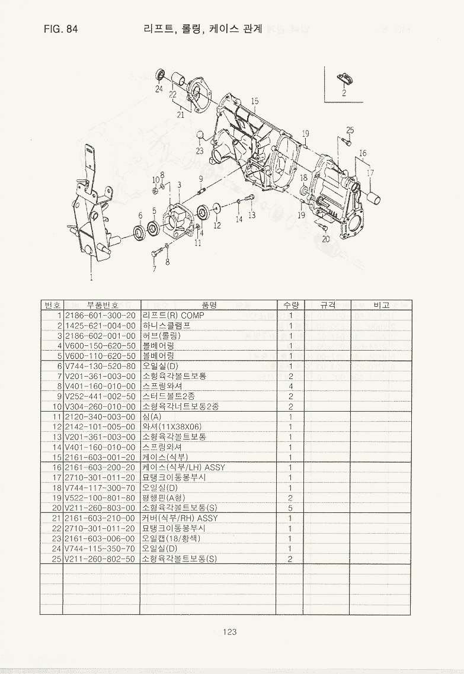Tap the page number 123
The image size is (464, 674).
pyautogui.click(x=230, y=632)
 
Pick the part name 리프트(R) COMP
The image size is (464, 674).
pyautogui.click(x=173, y=315)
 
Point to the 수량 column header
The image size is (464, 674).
pyautogui.click(x=290, y=305)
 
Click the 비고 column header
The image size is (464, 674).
pyautogui.click(x=381, y=305)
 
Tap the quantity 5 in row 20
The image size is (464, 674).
pyautogui.click(x=290, y=508)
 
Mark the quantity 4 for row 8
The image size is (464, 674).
pyautogui.click(x=290, y=386)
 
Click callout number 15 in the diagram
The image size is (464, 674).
pyautogui.click(x=255, y=101)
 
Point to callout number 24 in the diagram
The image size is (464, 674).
pyautogui.click(x=159, y=89)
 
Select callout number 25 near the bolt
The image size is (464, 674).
pyautogui.click(x=350, y=130)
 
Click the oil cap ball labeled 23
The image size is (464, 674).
pyautogui.click(x=200, y=134)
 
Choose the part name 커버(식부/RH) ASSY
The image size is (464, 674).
pyautogui.click(x=180, y=518)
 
